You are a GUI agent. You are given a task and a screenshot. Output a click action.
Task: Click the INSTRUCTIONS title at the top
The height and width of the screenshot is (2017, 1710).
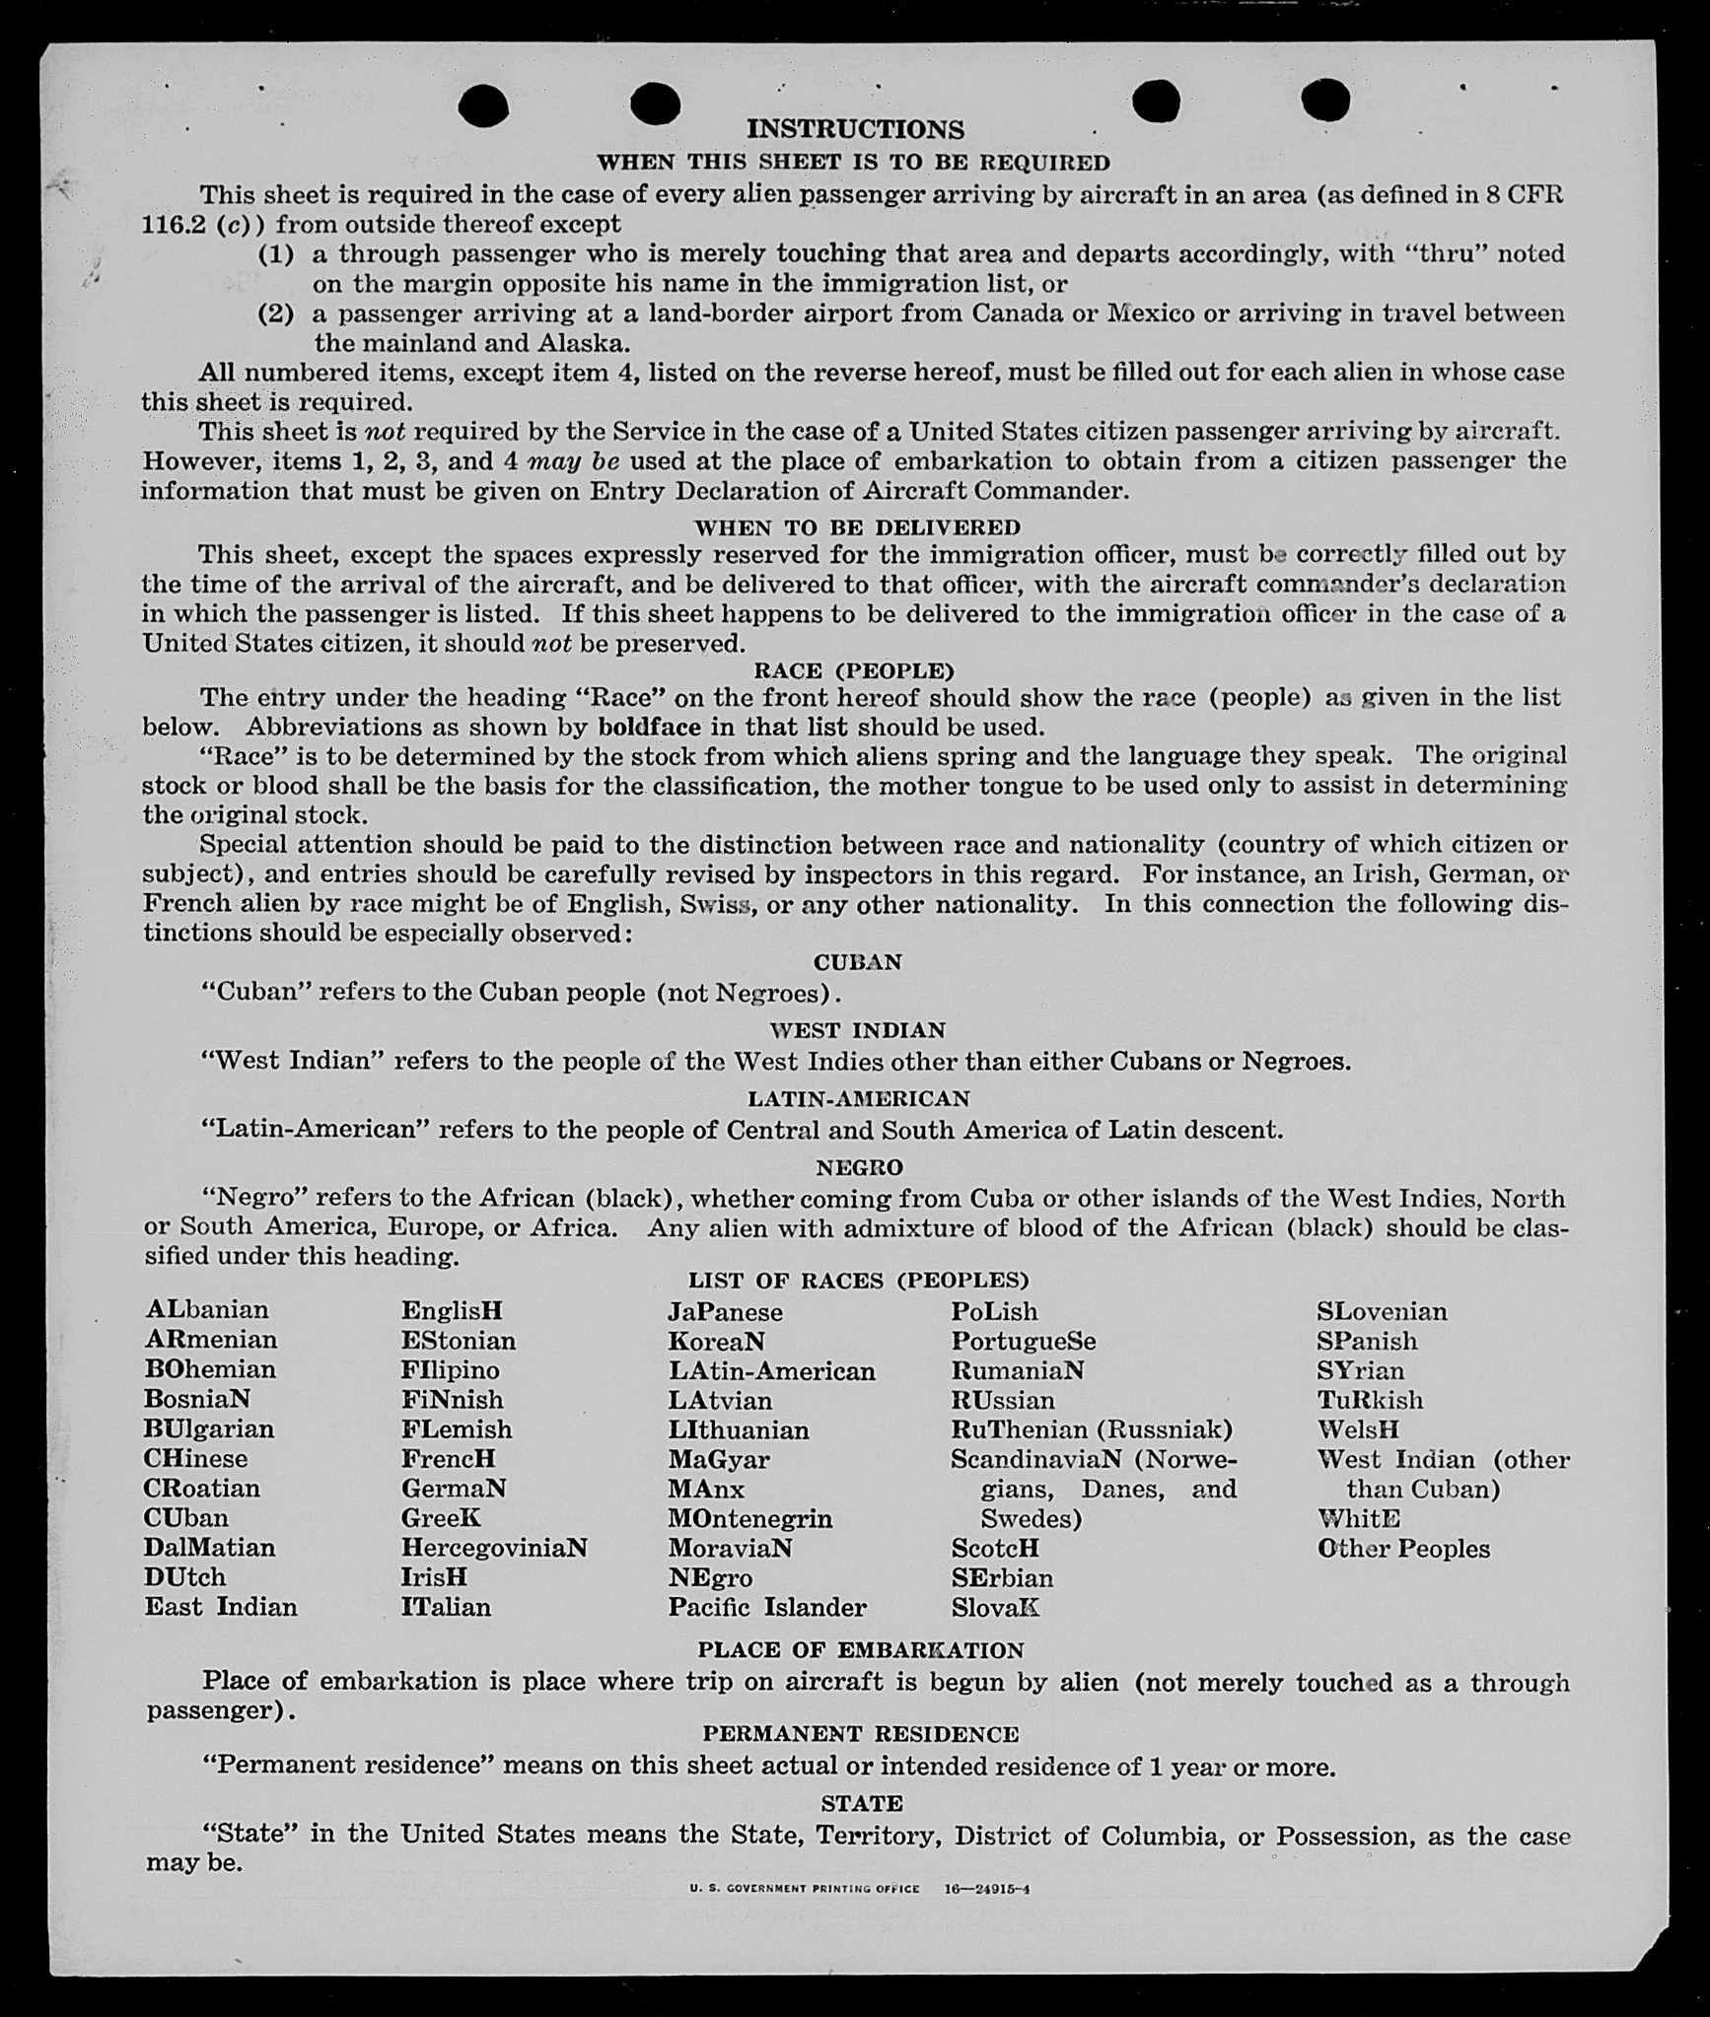[855, 129]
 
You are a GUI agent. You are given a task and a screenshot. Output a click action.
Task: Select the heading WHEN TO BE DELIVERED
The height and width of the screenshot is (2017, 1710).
[857, 527]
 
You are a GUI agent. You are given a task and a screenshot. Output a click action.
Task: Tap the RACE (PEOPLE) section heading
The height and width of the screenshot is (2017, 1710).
[854, 671]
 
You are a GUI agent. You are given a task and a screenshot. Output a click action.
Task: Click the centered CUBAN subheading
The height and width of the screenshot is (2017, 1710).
[857, 962]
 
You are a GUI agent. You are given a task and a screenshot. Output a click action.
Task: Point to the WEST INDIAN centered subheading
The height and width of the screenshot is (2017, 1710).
[857, 1030]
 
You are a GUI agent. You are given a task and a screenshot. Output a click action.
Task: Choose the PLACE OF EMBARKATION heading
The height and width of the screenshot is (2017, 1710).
[861, 1650]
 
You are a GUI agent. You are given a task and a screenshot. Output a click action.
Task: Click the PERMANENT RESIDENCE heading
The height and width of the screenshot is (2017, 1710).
[861, 1734]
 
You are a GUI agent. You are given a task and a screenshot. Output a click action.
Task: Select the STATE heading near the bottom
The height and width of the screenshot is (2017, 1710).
[861, 1803]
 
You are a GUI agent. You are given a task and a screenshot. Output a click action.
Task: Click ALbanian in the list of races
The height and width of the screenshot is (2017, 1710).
[207, 1310]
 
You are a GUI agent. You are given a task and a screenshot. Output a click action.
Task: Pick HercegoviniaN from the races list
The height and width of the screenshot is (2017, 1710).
[494, 1548]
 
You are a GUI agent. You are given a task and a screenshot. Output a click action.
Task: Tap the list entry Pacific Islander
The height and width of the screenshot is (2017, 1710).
[767, 1607]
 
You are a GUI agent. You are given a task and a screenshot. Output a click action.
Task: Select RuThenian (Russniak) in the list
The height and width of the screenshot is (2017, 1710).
[1092, 1429]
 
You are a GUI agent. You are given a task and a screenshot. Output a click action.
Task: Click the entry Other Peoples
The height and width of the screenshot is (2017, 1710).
[1403, 1549]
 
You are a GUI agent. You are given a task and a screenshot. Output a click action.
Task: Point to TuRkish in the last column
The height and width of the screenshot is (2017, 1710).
[1370, 1400]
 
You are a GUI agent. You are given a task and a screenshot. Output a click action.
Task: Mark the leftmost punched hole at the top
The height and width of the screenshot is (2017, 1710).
[483, 105]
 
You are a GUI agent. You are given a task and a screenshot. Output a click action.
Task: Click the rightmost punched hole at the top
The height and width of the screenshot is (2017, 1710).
[1325, 100]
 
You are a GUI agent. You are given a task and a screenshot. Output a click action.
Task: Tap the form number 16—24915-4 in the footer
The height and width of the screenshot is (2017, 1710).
[986, 1890]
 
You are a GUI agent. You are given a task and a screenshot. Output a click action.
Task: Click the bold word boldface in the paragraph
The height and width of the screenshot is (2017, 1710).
[649, 728]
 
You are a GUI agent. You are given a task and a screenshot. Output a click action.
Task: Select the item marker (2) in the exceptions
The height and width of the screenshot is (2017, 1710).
[276, 313]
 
